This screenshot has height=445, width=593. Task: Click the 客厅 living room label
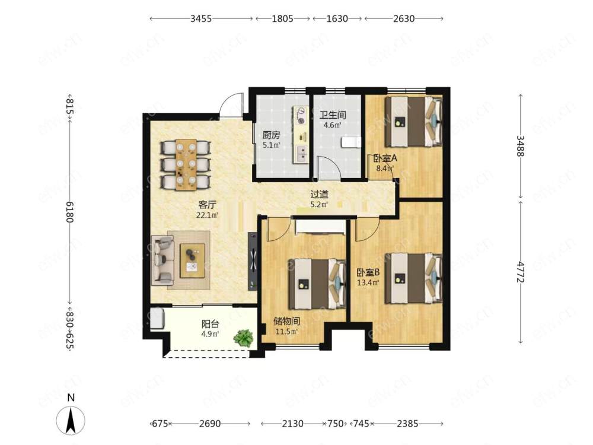click(x=207, y=205)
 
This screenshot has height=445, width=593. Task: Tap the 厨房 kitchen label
click(x=271, y=135)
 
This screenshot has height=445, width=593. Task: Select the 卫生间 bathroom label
click(x=333, y=115)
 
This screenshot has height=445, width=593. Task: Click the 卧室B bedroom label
click(x=368, y=272)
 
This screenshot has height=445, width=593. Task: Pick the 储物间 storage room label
click(x=286, y=322)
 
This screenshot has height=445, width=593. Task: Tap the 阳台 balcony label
click(x=211, y=325)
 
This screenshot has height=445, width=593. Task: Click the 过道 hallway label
click(x=319, y=195)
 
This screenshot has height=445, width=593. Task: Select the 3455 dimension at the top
click(x=201, y=18)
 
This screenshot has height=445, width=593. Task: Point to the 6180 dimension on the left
click(x=70, y=212)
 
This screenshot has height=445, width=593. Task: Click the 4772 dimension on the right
click(x=521, y=272)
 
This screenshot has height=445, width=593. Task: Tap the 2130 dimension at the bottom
click(x=293, y=424)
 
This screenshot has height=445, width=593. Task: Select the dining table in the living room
click(x=186, y=164)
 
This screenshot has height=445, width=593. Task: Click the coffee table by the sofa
click(x=193, y=260)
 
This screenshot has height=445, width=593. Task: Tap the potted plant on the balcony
click(x=243, y=338)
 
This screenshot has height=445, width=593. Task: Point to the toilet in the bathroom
click(x=351, y=142)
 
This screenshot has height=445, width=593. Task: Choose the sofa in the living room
click(x=162, y=260)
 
